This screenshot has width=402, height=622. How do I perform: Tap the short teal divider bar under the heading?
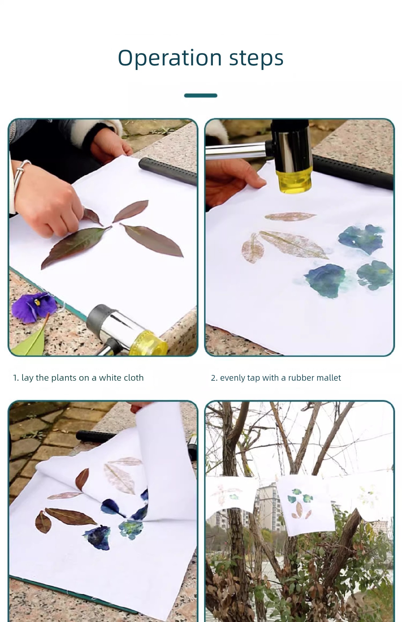click(x=201, y=95)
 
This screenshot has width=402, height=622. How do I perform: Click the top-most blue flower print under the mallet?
click(x=361, y=239)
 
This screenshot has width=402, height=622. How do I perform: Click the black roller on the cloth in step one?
click(x=168, y=171)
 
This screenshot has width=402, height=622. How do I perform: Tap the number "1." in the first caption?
click(x=16, y=378)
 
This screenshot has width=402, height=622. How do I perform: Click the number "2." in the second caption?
click(x=214, y=378)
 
